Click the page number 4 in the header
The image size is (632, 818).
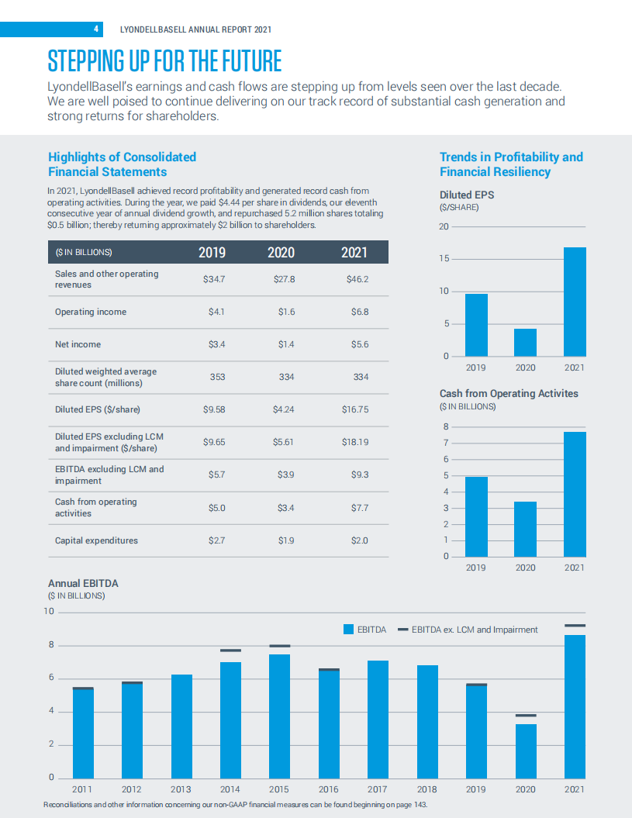tap(96, 29)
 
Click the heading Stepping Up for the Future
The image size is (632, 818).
tap(164, 60)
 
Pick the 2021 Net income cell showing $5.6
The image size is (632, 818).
tap(359, 344)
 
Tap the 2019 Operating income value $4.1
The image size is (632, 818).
tap(216, 312)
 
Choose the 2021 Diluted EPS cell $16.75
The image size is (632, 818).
tap(354, 409)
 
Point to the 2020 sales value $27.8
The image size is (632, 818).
tap(285, 279)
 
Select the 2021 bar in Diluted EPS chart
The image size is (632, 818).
tap(575, 302)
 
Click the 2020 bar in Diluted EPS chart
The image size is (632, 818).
tap(525, 342)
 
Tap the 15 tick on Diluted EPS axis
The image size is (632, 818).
tap(444, 259)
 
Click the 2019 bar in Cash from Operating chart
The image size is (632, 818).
tap(476, 516)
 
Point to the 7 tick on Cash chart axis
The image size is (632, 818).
tap(445, 443)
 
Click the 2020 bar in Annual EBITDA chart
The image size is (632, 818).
tap(526, 750)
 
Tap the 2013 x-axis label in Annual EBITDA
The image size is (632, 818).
tap(181, 789)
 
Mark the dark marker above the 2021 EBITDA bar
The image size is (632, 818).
tap(575, 625)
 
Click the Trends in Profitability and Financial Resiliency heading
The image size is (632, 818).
tap(511, 164)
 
